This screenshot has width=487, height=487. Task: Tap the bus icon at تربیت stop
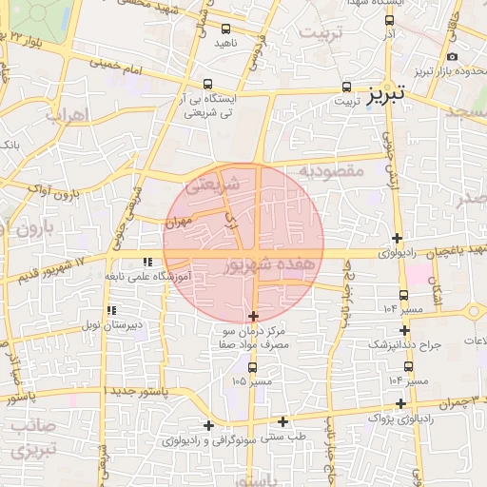point(346,86)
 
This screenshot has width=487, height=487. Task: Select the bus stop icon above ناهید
point(225,29)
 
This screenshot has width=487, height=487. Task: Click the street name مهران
point(178,221)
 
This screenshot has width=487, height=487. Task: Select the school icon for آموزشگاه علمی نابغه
point(147,261)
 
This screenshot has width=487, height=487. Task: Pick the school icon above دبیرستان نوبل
point(112,310)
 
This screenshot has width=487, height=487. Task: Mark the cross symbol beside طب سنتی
point(282,421)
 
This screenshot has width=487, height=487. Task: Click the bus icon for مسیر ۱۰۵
point(252,367)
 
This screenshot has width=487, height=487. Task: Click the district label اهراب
point(66,114)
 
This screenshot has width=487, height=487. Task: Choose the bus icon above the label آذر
point(389,20)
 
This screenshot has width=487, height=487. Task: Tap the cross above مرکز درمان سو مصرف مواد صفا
point(253,316)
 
